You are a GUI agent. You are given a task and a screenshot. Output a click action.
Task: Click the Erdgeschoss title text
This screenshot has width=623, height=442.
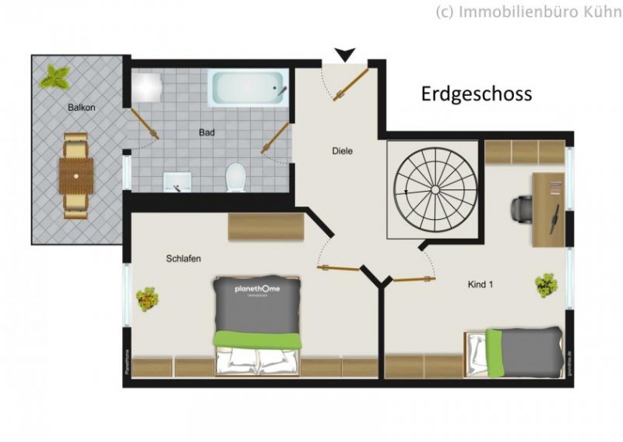point(477,94)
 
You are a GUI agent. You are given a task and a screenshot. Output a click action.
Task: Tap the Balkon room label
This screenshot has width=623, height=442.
point(81,108)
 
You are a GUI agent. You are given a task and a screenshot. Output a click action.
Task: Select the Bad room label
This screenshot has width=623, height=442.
point(206,133)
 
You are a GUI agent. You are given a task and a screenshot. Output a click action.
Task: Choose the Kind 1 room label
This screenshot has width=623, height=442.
point(480,285)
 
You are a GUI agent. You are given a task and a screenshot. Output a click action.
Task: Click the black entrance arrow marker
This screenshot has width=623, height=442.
point(344,55)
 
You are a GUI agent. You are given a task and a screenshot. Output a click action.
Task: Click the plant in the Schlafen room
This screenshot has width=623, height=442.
point(146,298)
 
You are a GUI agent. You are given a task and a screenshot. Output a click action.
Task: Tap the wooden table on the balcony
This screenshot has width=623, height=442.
point(76,176)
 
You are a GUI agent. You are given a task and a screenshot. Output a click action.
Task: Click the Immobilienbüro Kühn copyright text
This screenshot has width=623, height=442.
point(527,11)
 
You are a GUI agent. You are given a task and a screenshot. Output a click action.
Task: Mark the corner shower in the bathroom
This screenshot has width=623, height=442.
point(145,86)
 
